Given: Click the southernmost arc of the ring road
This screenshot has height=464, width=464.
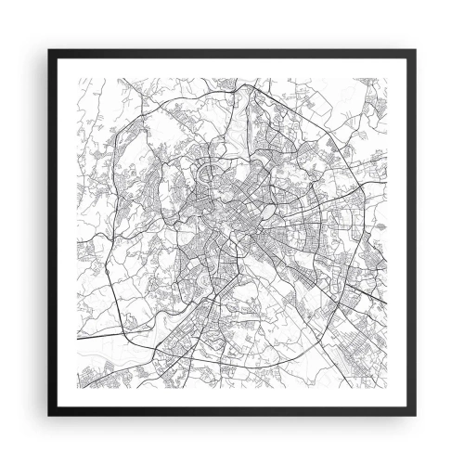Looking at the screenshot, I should (232, 367).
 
